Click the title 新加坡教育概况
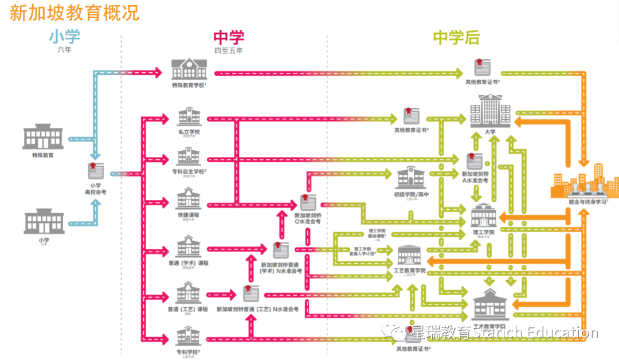(75, 13)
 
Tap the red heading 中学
(229, 38)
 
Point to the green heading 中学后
(456, 38)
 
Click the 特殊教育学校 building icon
(189, 69)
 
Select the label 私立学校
(189, 132)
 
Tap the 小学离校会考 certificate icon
(95, 171)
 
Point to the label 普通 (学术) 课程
(189, 263)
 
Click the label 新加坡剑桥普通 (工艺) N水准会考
(257, 310)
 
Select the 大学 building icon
(489, 112)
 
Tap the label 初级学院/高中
(412, 194)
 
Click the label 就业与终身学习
(585, 202)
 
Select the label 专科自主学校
(189, 171)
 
